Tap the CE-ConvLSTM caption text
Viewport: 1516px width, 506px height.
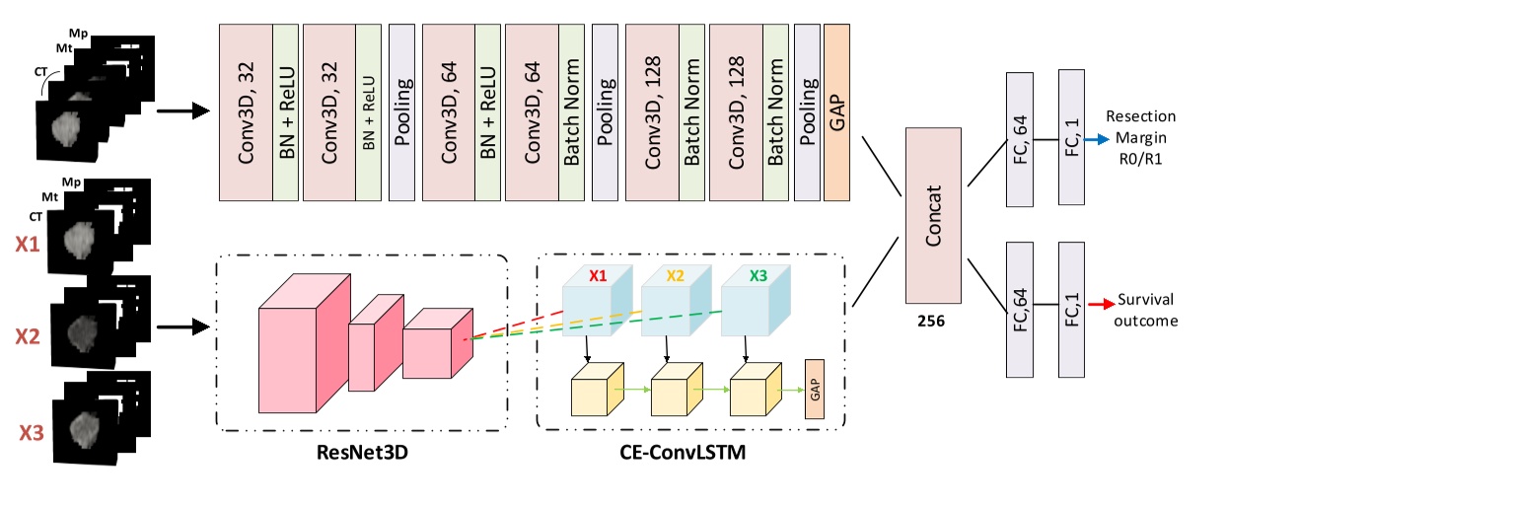689,453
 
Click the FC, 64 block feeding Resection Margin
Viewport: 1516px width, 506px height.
1019,139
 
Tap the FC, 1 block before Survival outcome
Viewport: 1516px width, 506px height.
1070,307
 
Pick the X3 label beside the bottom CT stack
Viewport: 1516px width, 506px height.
30,430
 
